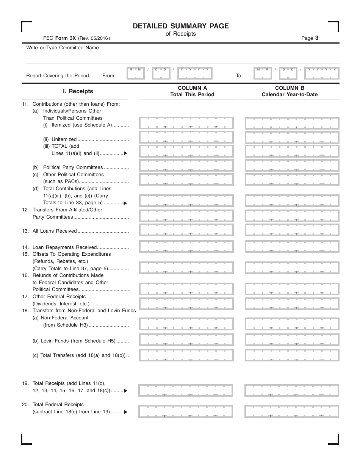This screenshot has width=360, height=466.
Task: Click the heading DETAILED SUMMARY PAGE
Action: coord(181,26)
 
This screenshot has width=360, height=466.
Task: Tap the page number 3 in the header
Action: coord(316,38)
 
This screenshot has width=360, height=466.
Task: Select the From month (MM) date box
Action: coord(136,73)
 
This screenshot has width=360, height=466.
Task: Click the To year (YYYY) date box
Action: coord(322,73)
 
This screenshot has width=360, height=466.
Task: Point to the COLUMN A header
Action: coord(192,88)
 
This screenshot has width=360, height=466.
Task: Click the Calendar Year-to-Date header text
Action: coord(290,95)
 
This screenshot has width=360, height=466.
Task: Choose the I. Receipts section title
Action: coord(78,91)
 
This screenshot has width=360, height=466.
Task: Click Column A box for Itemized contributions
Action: coord(186,123)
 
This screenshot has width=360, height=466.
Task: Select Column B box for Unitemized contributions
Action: coord(292,137)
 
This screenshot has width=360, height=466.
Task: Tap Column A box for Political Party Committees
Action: coord(186,165)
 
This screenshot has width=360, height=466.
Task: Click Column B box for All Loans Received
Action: coord(292,230)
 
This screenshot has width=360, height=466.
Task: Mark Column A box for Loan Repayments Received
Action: coord(186,246)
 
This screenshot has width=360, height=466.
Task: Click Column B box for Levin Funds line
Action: coord(292,339)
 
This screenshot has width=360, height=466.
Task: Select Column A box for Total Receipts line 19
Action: coord(186,390)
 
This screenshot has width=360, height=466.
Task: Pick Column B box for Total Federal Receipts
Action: coord(291,411)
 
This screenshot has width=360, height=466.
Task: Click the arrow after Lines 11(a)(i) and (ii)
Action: coord(125,154)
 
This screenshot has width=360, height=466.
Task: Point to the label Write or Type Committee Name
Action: coord(63,48)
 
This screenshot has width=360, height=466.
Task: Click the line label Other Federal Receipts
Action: coord(59,297)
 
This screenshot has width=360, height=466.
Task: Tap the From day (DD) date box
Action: coord(161,73)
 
